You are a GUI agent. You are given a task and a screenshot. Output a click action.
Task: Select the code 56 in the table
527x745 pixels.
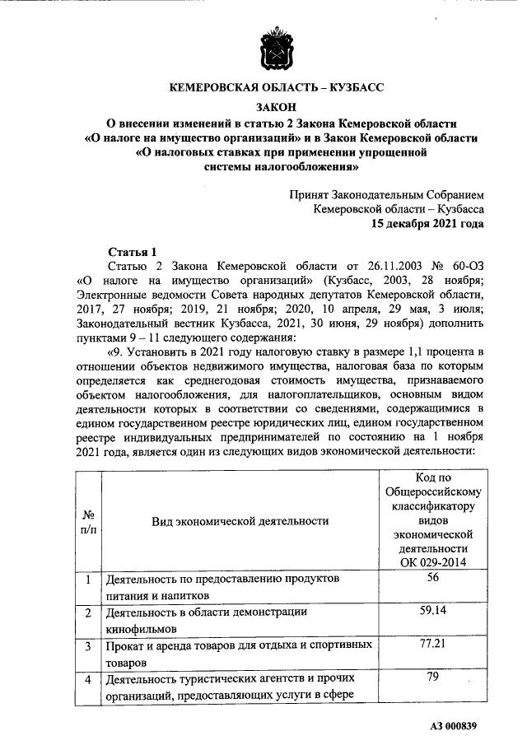click(433, 579)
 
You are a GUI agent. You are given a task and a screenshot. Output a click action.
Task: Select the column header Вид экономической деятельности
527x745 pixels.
click(240, 521)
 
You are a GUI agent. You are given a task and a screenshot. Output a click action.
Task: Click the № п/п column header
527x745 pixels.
click(87, 521)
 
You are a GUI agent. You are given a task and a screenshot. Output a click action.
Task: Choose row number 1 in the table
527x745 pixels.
click(87, 580)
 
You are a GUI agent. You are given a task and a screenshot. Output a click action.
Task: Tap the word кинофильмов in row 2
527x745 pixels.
click(141, 628)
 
